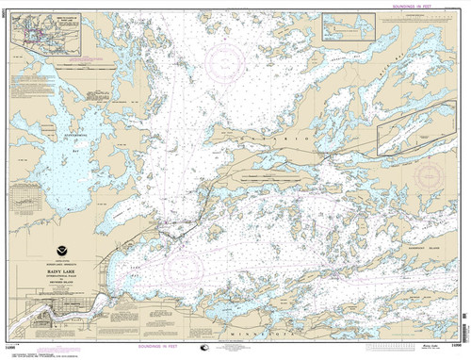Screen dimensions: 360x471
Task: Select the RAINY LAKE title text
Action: tap(63, 270)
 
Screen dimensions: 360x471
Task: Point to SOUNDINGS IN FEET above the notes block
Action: tap(400, 8)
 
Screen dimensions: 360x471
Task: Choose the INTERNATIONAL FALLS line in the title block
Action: tap(63, 277)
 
